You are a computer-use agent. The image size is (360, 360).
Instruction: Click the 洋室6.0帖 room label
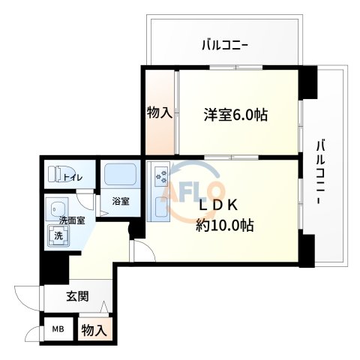[x=236, y=115]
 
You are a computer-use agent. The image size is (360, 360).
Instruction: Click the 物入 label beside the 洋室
[x=159, y=113]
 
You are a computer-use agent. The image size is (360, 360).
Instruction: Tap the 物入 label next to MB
[x=95, y=331]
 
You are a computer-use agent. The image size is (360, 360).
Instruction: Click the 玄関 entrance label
[x=76, y=296]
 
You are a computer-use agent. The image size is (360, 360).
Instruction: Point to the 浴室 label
[x=120, y=201]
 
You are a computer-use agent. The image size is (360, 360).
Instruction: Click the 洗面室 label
[x=72, y=220]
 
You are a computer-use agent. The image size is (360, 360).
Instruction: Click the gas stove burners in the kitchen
[x=161, y=177]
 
